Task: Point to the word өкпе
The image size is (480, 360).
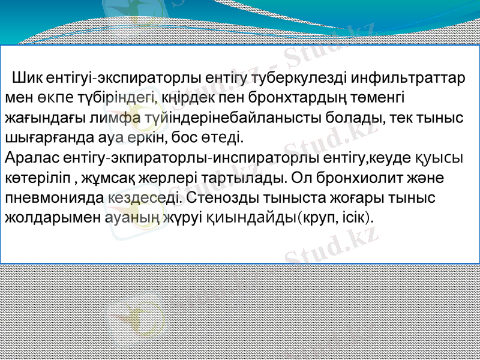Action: (x=51, y=98)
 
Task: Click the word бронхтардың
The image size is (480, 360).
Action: (x=290, y=98)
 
